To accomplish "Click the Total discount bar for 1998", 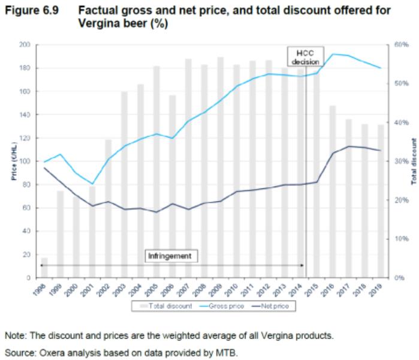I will [x=44, y=268].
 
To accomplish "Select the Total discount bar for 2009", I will [x=221, y=167].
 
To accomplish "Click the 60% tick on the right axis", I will [x=397, y=44].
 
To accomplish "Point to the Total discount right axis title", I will [x=413, y=161].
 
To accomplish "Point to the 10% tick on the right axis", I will [x=397, y=239].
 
